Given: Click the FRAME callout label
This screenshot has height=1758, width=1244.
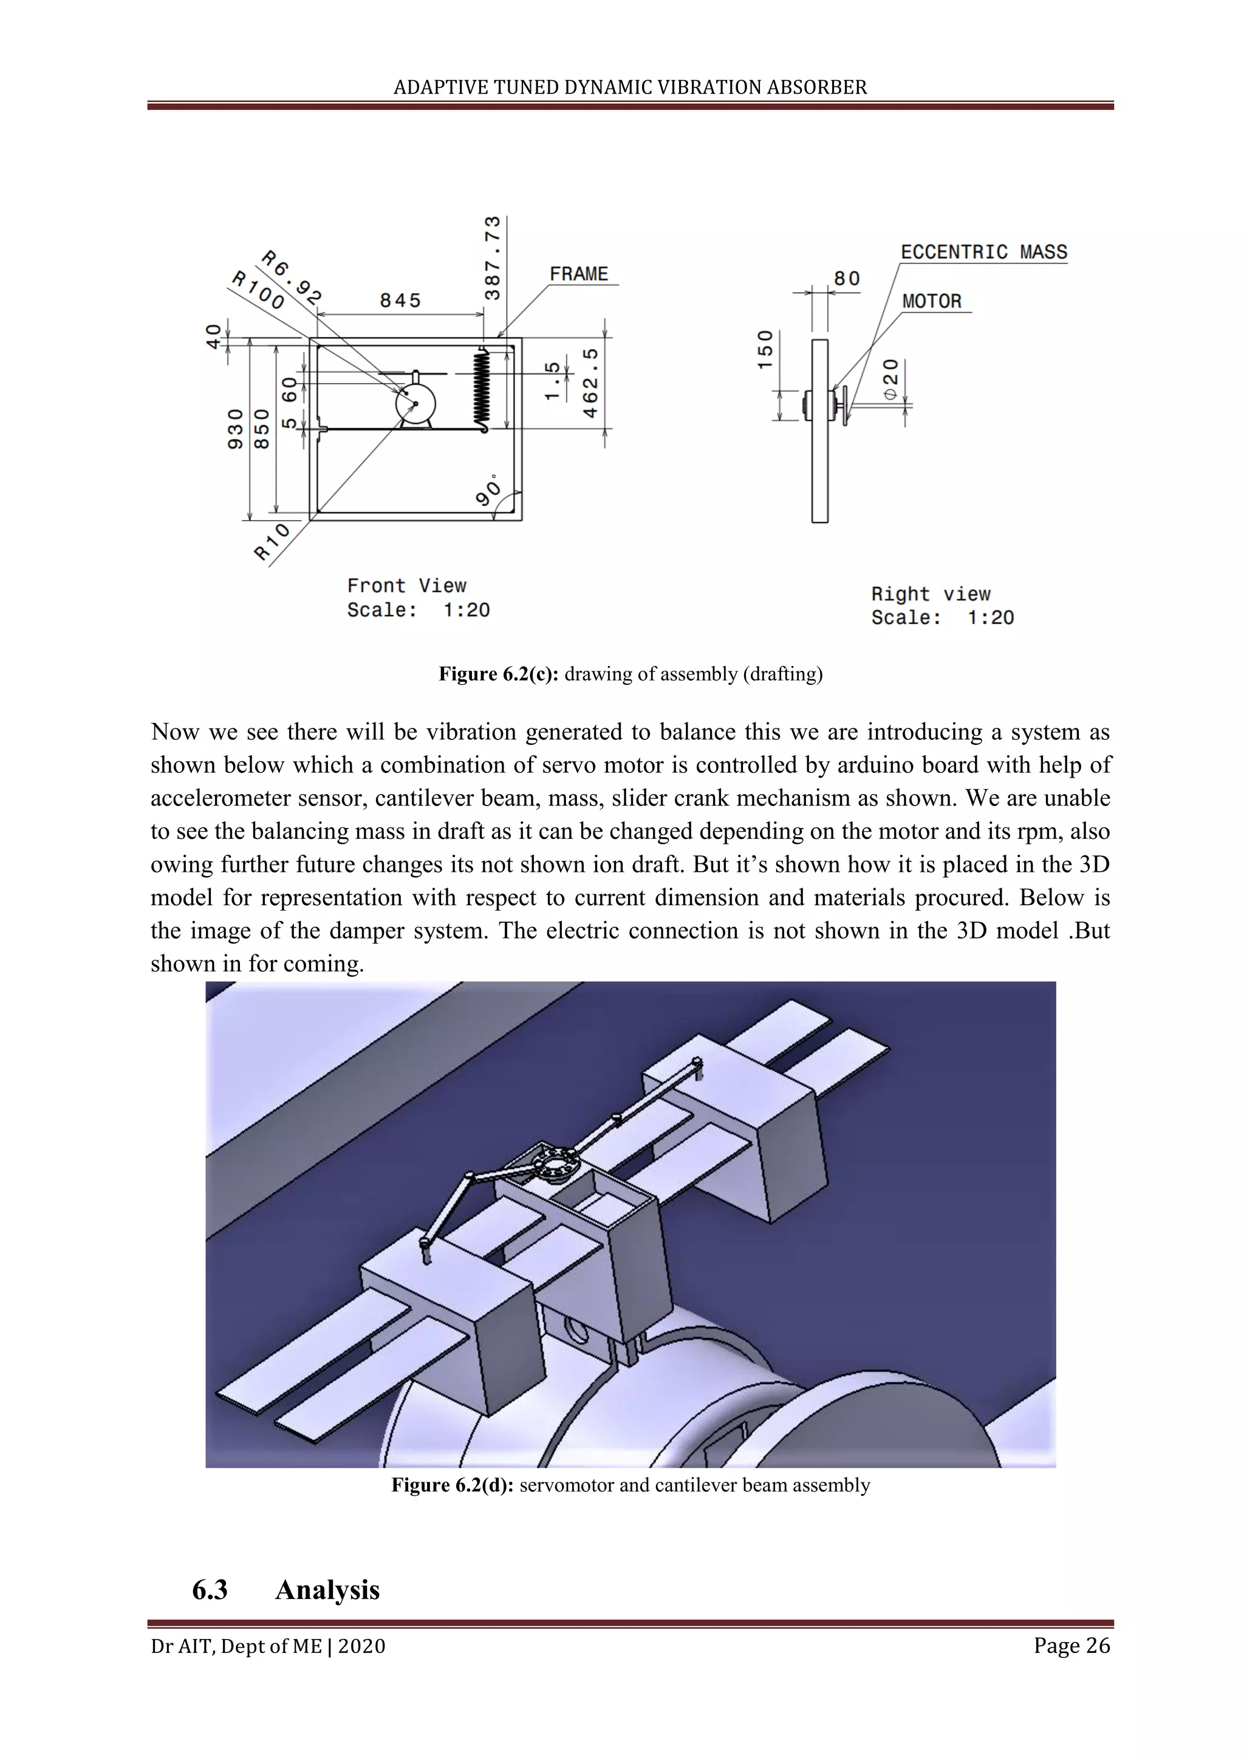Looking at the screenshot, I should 578,274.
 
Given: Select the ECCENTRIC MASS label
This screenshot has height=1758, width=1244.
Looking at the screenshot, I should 983,252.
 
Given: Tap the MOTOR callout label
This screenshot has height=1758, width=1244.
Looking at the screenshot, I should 931,301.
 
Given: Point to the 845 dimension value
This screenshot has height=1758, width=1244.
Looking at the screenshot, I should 401,300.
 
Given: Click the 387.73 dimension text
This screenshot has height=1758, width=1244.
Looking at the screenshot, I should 493,258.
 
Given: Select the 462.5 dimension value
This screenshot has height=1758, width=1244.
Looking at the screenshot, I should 590,383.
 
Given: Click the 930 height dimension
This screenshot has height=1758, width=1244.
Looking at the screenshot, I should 235,428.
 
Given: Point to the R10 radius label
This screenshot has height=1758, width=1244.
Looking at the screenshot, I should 273,541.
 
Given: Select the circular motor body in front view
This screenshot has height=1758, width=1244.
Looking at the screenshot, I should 415,404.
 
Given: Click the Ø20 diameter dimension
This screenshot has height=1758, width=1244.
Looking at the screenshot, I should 890,378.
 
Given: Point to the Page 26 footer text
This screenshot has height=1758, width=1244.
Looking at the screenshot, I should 1071,1646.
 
